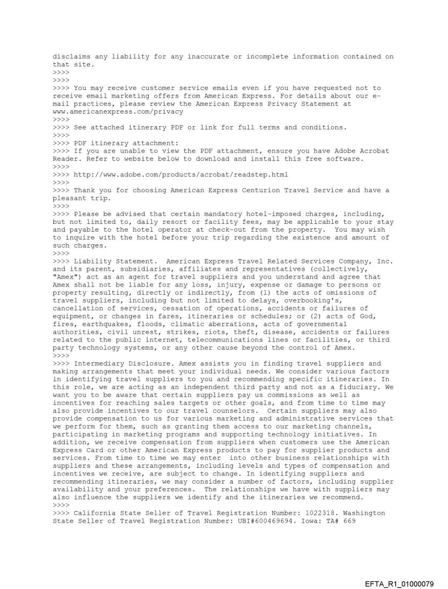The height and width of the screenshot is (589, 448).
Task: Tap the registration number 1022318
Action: (x=290, y=513)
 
